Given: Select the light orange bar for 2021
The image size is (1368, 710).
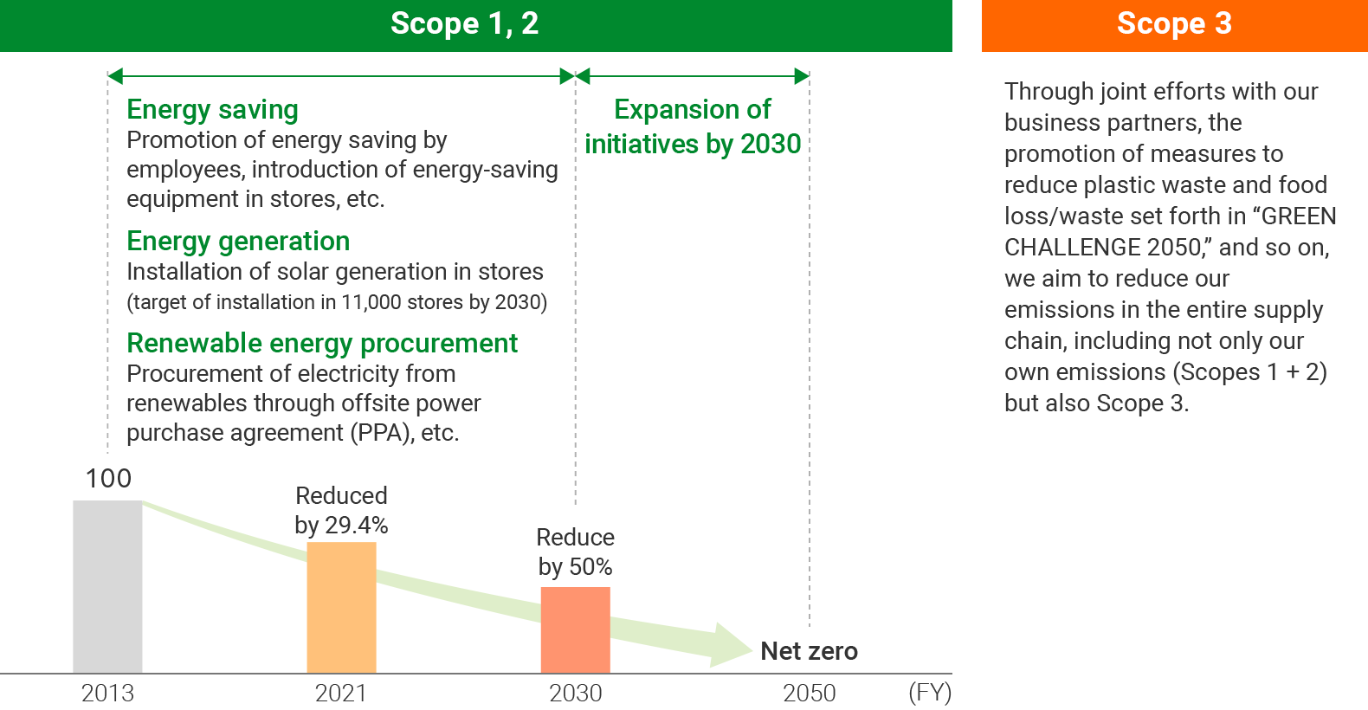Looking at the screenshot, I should (x=341, y=607).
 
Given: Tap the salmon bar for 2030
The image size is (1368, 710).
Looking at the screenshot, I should (x=575, y=629).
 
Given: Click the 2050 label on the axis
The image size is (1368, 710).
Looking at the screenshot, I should (x=809, y=693).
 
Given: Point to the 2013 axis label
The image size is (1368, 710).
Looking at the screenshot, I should (x=107, y=693).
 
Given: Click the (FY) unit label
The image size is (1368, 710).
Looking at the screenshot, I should (x=930, y=693).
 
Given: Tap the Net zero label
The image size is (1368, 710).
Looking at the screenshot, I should (x=809, y=651).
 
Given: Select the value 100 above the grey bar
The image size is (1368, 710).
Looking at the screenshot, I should (x=108, y=478).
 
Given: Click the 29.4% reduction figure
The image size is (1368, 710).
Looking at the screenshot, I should (x=356, y=526).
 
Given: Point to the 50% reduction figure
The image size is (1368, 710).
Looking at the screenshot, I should (x=590, y=567).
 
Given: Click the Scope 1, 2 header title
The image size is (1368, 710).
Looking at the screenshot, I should (x=464, y=23).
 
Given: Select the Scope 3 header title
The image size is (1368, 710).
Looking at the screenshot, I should (x=1173, y=23).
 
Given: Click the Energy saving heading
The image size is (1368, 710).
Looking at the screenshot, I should (x=212, y=110).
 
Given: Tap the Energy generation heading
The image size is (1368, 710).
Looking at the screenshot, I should (x=238, y=241).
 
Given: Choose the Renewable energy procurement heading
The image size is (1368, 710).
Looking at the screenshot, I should (x=322, y=343).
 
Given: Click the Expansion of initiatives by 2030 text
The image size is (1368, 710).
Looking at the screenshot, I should (x=693, y=126).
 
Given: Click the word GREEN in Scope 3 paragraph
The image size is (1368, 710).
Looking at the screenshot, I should (x=1299, y=216).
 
